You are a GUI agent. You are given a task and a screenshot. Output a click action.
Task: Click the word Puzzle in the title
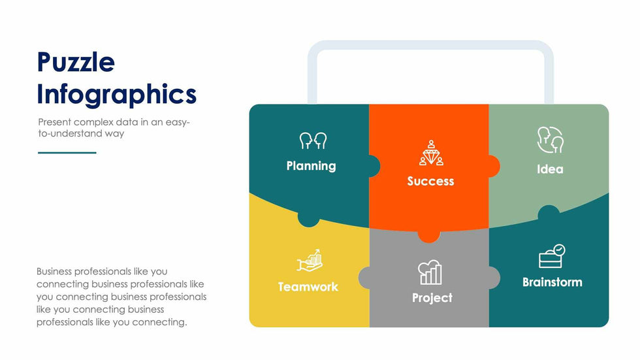tap(76, 63)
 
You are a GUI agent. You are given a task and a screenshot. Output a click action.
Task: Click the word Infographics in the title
tap(117, 95)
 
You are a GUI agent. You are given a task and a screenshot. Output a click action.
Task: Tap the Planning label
tap(311, 166)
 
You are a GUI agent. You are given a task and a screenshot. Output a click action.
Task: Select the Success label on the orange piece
tap(430, 181)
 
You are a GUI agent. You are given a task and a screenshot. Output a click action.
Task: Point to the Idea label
tap(550, 169)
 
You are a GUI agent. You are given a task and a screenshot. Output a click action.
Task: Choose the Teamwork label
tap(308, 287)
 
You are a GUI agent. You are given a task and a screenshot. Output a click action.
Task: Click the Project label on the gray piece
tap(432, 298)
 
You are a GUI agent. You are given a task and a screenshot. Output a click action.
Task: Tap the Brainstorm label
tap(552, 282)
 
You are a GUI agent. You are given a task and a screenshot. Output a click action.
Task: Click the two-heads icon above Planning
tap(313, 140)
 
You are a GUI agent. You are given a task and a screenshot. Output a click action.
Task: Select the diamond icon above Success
tap(431, 153)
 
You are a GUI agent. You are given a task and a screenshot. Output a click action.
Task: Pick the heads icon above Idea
tap(550, 140)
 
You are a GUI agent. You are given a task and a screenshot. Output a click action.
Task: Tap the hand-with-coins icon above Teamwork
tap(310, 261)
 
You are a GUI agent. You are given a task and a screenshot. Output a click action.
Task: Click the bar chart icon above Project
tap(430, 272)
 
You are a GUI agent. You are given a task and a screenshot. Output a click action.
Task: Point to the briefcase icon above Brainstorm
tap(552, 256)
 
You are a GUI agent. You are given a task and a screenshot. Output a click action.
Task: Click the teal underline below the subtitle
tap(67, 153)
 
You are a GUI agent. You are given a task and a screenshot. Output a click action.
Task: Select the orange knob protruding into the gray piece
tap(429, 236)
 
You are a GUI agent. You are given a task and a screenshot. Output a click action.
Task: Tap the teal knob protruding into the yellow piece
tap(308, 220)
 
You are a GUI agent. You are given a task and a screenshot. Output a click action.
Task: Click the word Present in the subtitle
tap(54, 122)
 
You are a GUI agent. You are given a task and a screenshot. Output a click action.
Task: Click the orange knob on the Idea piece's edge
tap(494, 166)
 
